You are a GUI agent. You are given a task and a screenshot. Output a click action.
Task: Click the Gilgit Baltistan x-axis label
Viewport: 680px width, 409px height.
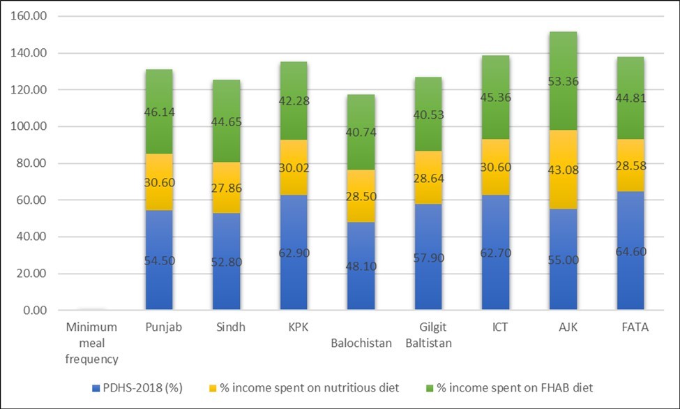click(428, 336)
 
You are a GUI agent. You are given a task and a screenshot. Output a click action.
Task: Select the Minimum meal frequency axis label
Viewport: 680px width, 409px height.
click(91, 343)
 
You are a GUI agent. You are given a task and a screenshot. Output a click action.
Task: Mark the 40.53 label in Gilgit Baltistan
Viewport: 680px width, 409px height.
click(428, 115)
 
